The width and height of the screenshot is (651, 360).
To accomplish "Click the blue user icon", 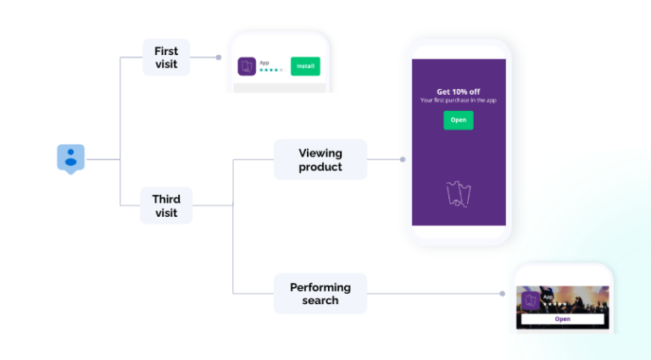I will (71, 158).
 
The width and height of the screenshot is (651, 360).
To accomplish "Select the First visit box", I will (166, 58).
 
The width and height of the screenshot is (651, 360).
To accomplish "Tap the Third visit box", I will (166, 206).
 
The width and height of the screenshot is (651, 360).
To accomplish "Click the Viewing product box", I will (320, 160).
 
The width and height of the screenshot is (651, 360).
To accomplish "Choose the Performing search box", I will (320, 294).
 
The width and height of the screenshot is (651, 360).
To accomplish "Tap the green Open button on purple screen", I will (458, 120).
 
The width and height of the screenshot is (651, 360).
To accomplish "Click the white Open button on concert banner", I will (562, 319).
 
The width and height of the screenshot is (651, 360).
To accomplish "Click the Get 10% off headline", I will (458, 91).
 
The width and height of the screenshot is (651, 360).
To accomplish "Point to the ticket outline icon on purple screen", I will (458, 194).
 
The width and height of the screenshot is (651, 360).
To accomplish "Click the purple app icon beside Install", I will (248, 66).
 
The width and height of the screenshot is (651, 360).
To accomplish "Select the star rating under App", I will (270, 70).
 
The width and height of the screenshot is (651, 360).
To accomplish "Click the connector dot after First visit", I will (219, 58).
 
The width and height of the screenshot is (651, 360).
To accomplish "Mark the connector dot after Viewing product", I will (403, 159).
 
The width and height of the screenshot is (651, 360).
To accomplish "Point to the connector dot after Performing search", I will (502, 294).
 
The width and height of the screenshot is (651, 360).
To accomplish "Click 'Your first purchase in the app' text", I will (458, 101).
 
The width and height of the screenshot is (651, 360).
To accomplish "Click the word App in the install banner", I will (264, 62).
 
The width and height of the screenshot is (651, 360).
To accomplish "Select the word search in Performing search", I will (320, 301).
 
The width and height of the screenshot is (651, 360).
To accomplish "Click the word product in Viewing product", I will (320, 167).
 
